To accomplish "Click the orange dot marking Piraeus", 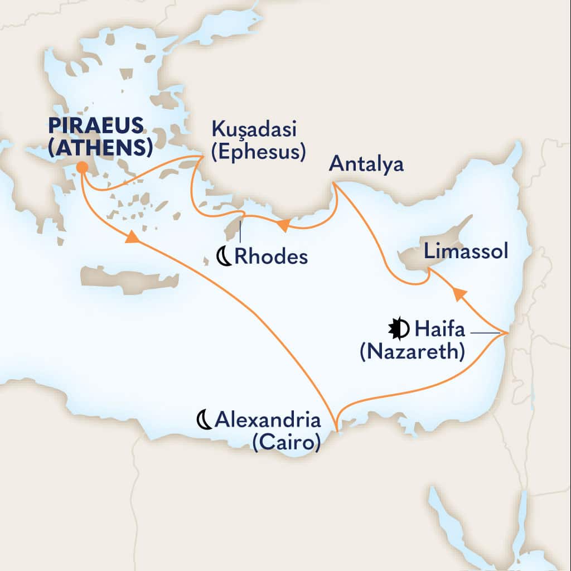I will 81,167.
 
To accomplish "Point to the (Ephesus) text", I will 258,152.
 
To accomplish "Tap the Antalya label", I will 366,164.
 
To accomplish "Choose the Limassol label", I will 466,251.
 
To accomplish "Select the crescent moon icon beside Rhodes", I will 224,257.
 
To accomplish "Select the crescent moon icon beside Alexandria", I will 204,419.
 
